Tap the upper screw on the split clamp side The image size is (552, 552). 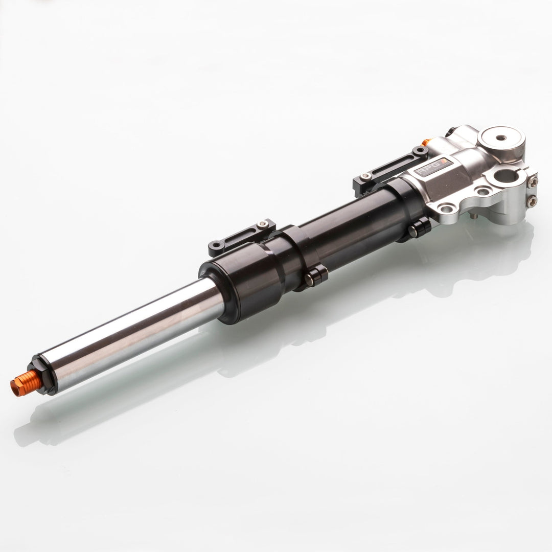click(x=533, y=180)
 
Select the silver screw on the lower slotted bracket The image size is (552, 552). click(x=263, y=223)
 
